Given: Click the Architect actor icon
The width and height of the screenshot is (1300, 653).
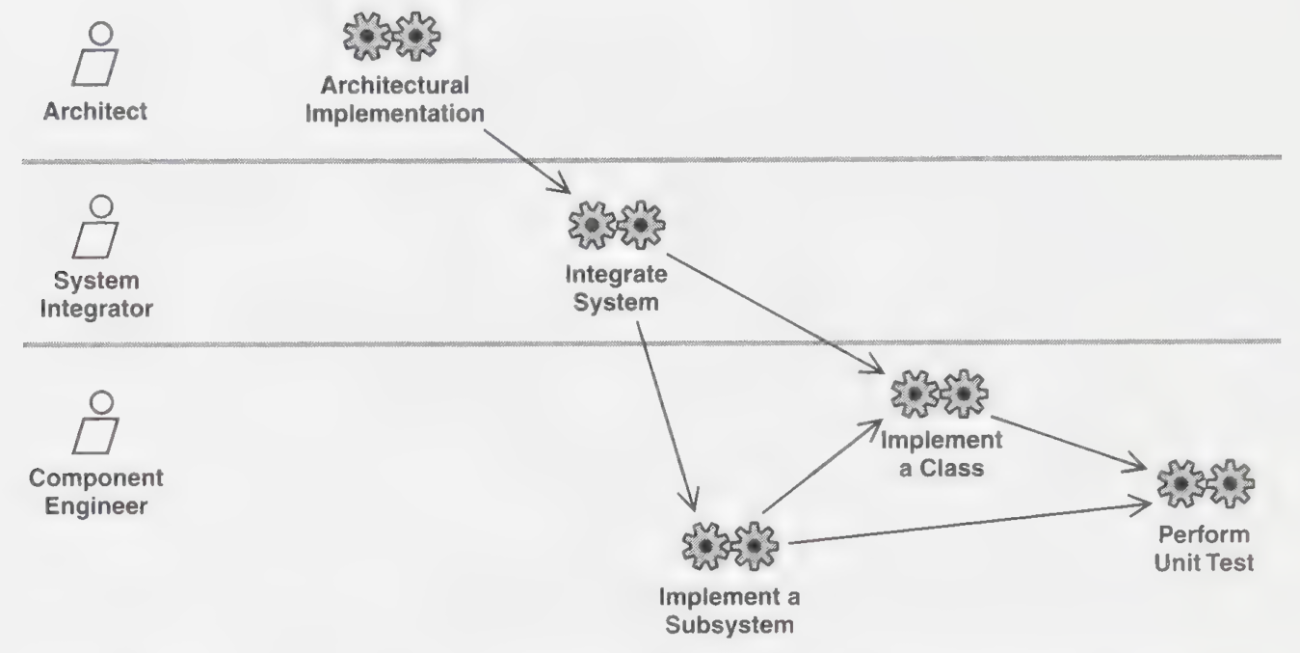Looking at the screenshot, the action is coord(95,55).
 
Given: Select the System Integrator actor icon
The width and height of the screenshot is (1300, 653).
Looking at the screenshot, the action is coord(95,227).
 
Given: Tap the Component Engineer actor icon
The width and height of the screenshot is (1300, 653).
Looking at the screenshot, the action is coord(95,422).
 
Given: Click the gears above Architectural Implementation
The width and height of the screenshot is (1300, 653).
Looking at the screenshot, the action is coord(392,37).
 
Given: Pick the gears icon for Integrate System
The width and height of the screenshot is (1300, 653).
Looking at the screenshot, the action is coord(617,225).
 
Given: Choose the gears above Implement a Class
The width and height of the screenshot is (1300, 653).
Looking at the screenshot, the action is coord(940,394).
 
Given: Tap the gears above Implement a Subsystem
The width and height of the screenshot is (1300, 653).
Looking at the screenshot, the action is coord(730,546).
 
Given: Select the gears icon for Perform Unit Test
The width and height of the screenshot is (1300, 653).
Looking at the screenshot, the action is coord(1206,484).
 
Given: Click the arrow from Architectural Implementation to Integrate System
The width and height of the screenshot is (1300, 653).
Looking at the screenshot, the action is coord(527,161).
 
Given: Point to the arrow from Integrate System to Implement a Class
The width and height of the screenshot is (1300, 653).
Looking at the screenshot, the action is coord(776,313).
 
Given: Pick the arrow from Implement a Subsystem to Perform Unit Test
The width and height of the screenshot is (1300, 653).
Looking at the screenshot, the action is coord(970,523).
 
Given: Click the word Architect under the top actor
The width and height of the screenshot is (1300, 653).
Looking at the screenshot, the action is coord(95,111).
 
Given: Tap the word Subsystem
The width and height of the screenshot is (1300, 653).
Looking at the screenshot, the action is coord(730,625).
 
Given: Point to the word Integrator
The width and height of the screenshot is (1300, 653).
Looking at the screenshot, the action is coord(96,309).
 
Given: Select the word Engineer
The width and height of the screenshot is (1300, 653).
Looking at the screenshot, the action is coord(96,506).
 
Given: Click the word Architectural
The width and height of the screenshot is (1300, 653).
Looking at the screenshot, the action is coord(395,86).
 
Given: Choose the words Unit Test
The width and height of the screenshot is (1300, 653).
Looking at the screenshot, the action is coord(1205,562).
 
